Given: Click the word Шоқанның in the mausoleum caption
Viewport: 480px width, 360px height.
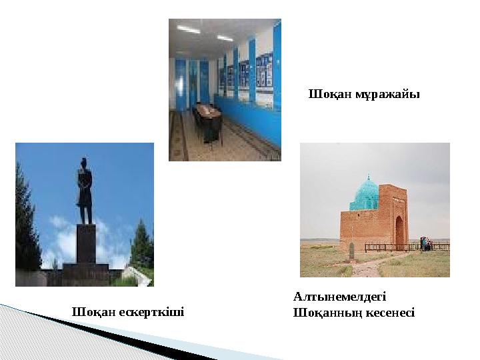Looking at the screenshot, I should [x=325, y=311].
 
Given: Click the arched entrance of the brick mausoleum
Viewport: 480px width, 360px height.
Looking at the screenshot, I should [x=399, y=231].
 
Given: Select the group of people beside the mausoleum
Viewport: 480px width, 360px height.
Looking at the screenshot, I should [x=425, y=243].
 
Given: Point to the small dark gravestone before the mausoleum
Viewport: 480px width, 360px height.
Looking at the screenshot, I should [x=351, y=251].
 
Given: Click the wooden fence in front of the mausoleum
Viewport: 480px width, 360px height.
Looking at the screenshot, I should [x=393, y=247].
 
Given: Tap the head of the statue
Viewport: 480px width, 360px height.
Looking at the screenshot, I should [x=85, y=161].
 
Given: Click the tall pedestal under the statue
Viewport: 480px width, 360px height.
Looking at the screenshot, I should [x=85, y=243].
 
